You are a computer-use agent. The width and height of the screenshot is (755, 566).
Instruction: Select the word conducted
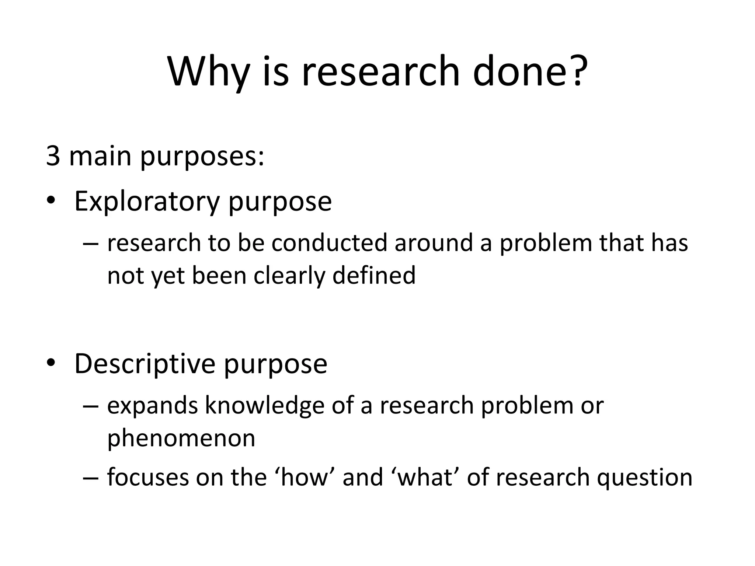[329, 243]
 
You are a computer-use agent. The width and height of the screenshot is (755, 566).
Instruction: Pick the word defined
[374, 275]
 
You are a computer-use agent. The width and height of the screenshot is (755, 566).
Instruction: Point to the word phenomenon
[181, 438]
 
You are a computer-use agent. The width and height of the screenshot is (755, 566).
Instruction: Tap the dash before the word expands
[91, 406]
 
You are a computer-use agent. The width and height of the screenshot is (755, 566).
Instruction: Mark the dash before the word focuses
[91, 478]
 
